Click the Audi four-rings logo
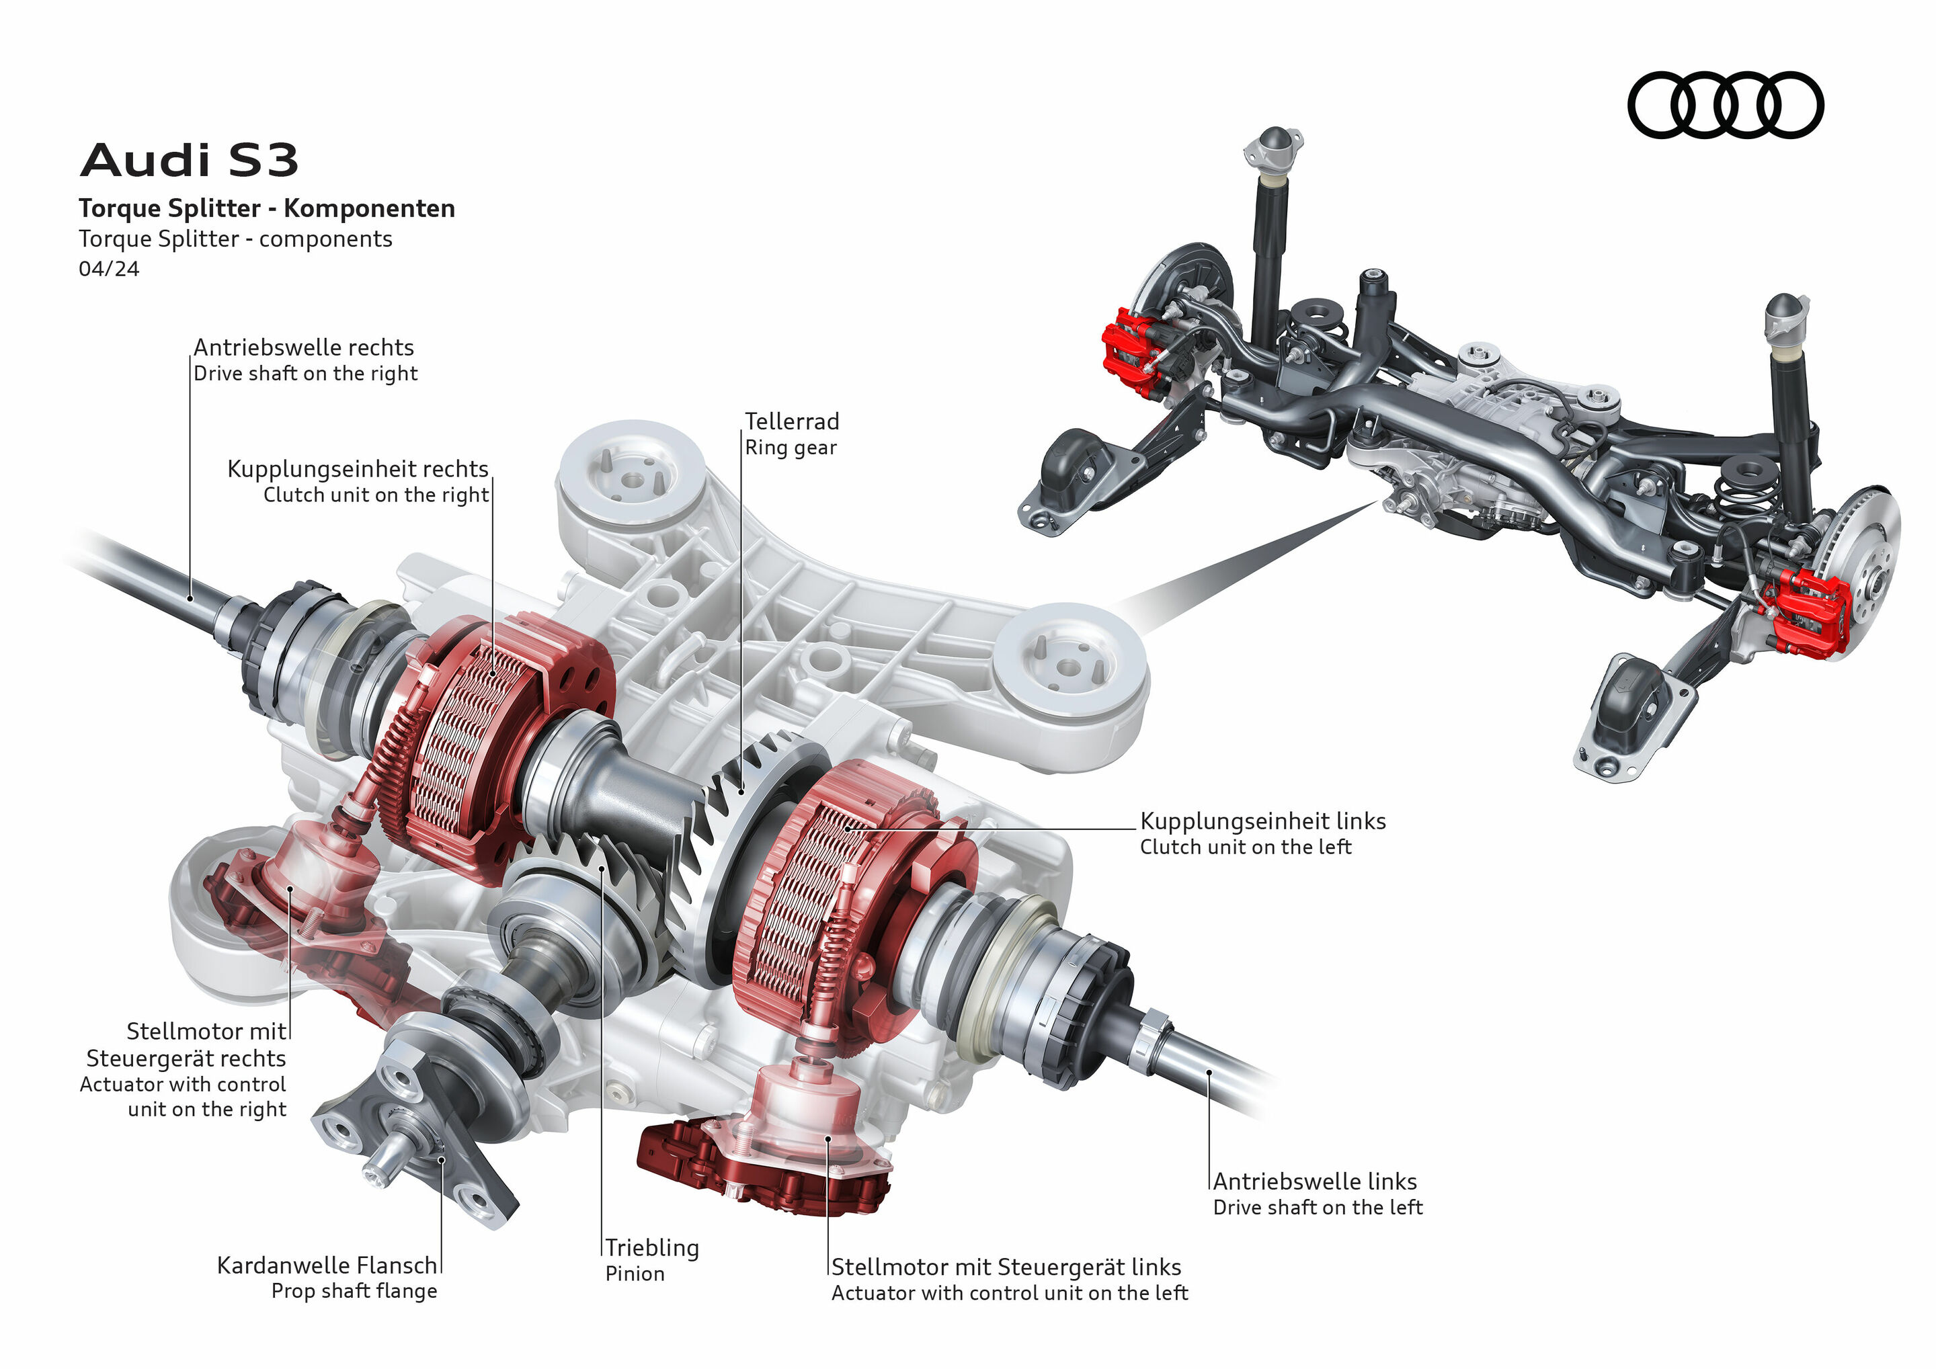(x=1724, y=105)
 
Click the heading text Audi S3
(x=189, y=160)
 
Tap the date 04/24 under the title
(x=109, y=269)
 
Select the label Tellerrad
(x=792, y=421)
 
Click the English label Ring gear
(x=790, y=448)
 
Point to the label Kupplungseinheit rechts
(x=358, y=468)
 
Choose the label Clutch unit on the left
(x=1246, y=847)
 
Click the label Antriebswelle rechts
(x=304, y=347)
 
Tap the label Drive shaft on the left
(x=1317, y=1208)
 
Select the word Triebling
(x=652, y=1247)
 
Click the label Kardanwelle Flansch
(x=327, y=1266)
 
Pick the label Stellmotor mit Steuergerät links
(x=1006, y=1267)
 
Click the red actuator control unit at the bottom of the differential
(x=759, y=1167)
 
